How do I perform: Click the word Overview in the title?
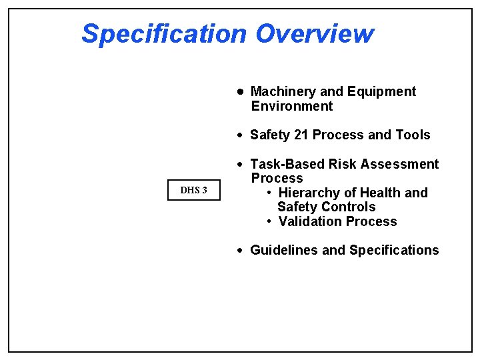pos(315,33)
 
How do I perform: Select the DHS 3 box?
pos(194,191)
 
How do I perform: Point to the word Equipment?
pos(381,91)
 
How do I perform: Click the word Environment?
pos(291,106)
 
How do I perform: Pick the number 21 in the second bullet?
pos(301,135)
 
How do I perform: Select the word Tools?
pos(413,135)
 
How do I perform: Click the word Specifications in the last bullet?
pos(394,250)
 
